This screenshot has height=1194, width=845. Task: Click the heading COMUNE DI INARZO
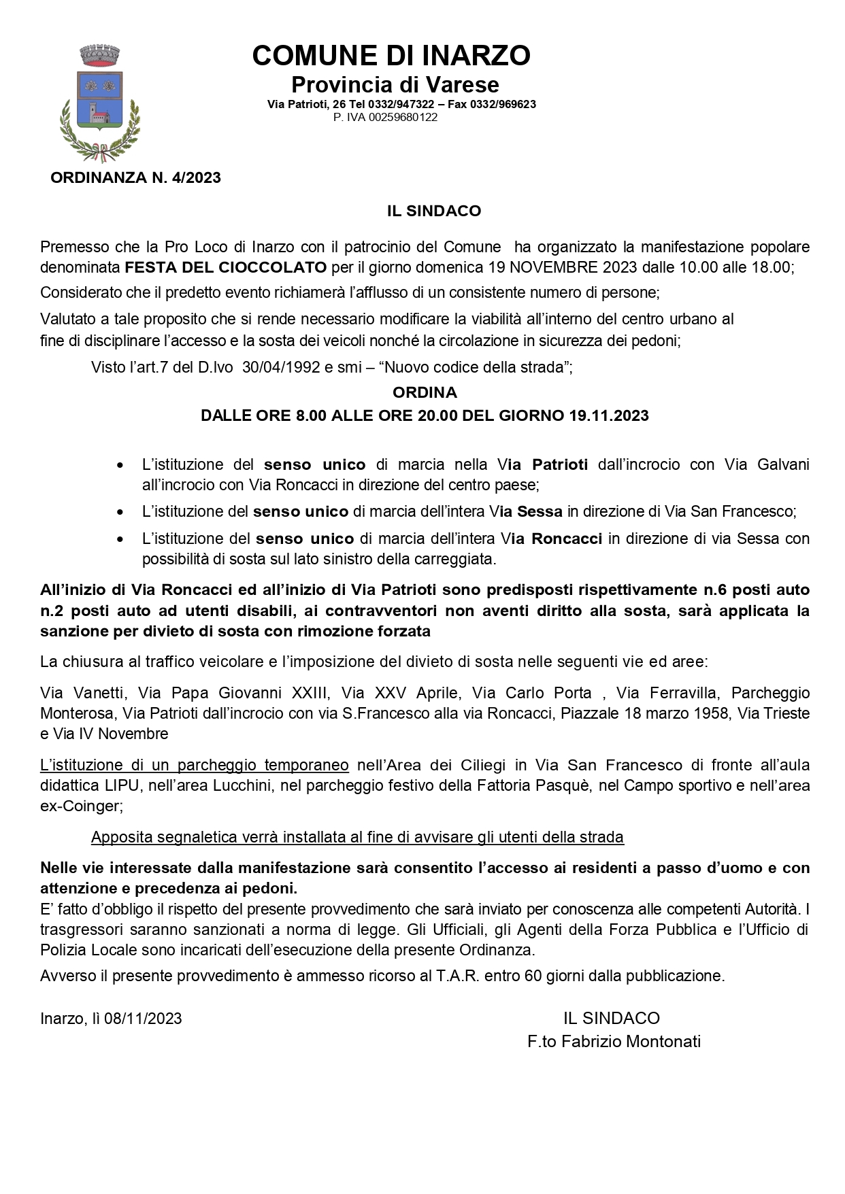tap(391, 56)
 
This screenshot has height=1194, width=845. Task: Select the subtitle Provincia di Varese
tap(395, 85)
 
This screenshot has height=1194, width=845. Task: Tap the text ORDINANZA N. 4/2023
tap(136, 178)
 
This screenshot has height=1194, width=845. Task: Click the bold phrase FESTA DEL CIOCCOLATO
tap(225, 267)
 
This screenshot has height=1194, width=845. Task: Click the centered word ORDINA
tap(425, 392)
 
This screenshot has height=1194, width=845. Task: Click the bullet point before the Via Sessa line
tap(120, 512)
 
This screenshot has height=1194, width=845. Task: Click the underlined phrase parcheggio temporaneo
tap(263, 766)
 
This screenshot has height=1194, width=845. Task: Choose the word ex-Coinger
tap(81, 806)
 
